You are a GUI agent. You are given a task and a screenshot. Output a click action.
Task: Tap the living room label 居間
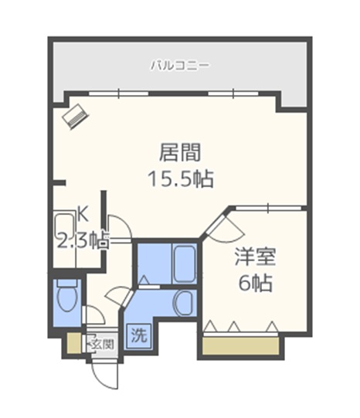point(180,151)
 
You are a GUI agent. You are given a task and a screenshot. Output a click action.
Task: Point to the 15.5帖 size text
point(180,179)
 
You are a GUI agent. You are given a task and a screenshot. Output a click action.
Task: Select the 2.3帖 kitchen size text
point(83,240)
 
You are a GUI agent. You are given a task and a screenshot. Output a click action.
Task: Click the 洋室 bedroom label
point(256,257)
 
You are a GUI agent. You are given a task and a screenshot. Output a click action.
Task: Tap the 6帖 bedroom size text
point(256,284)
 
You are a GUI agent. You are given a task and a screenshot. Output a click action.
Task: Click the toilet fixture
point(66,295)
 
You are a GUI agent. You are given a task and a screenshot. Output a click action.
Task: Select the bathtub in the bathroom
point(185,263)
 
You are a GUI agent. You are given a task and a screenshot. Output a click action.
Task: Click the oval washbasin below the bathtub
point(185,302)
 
